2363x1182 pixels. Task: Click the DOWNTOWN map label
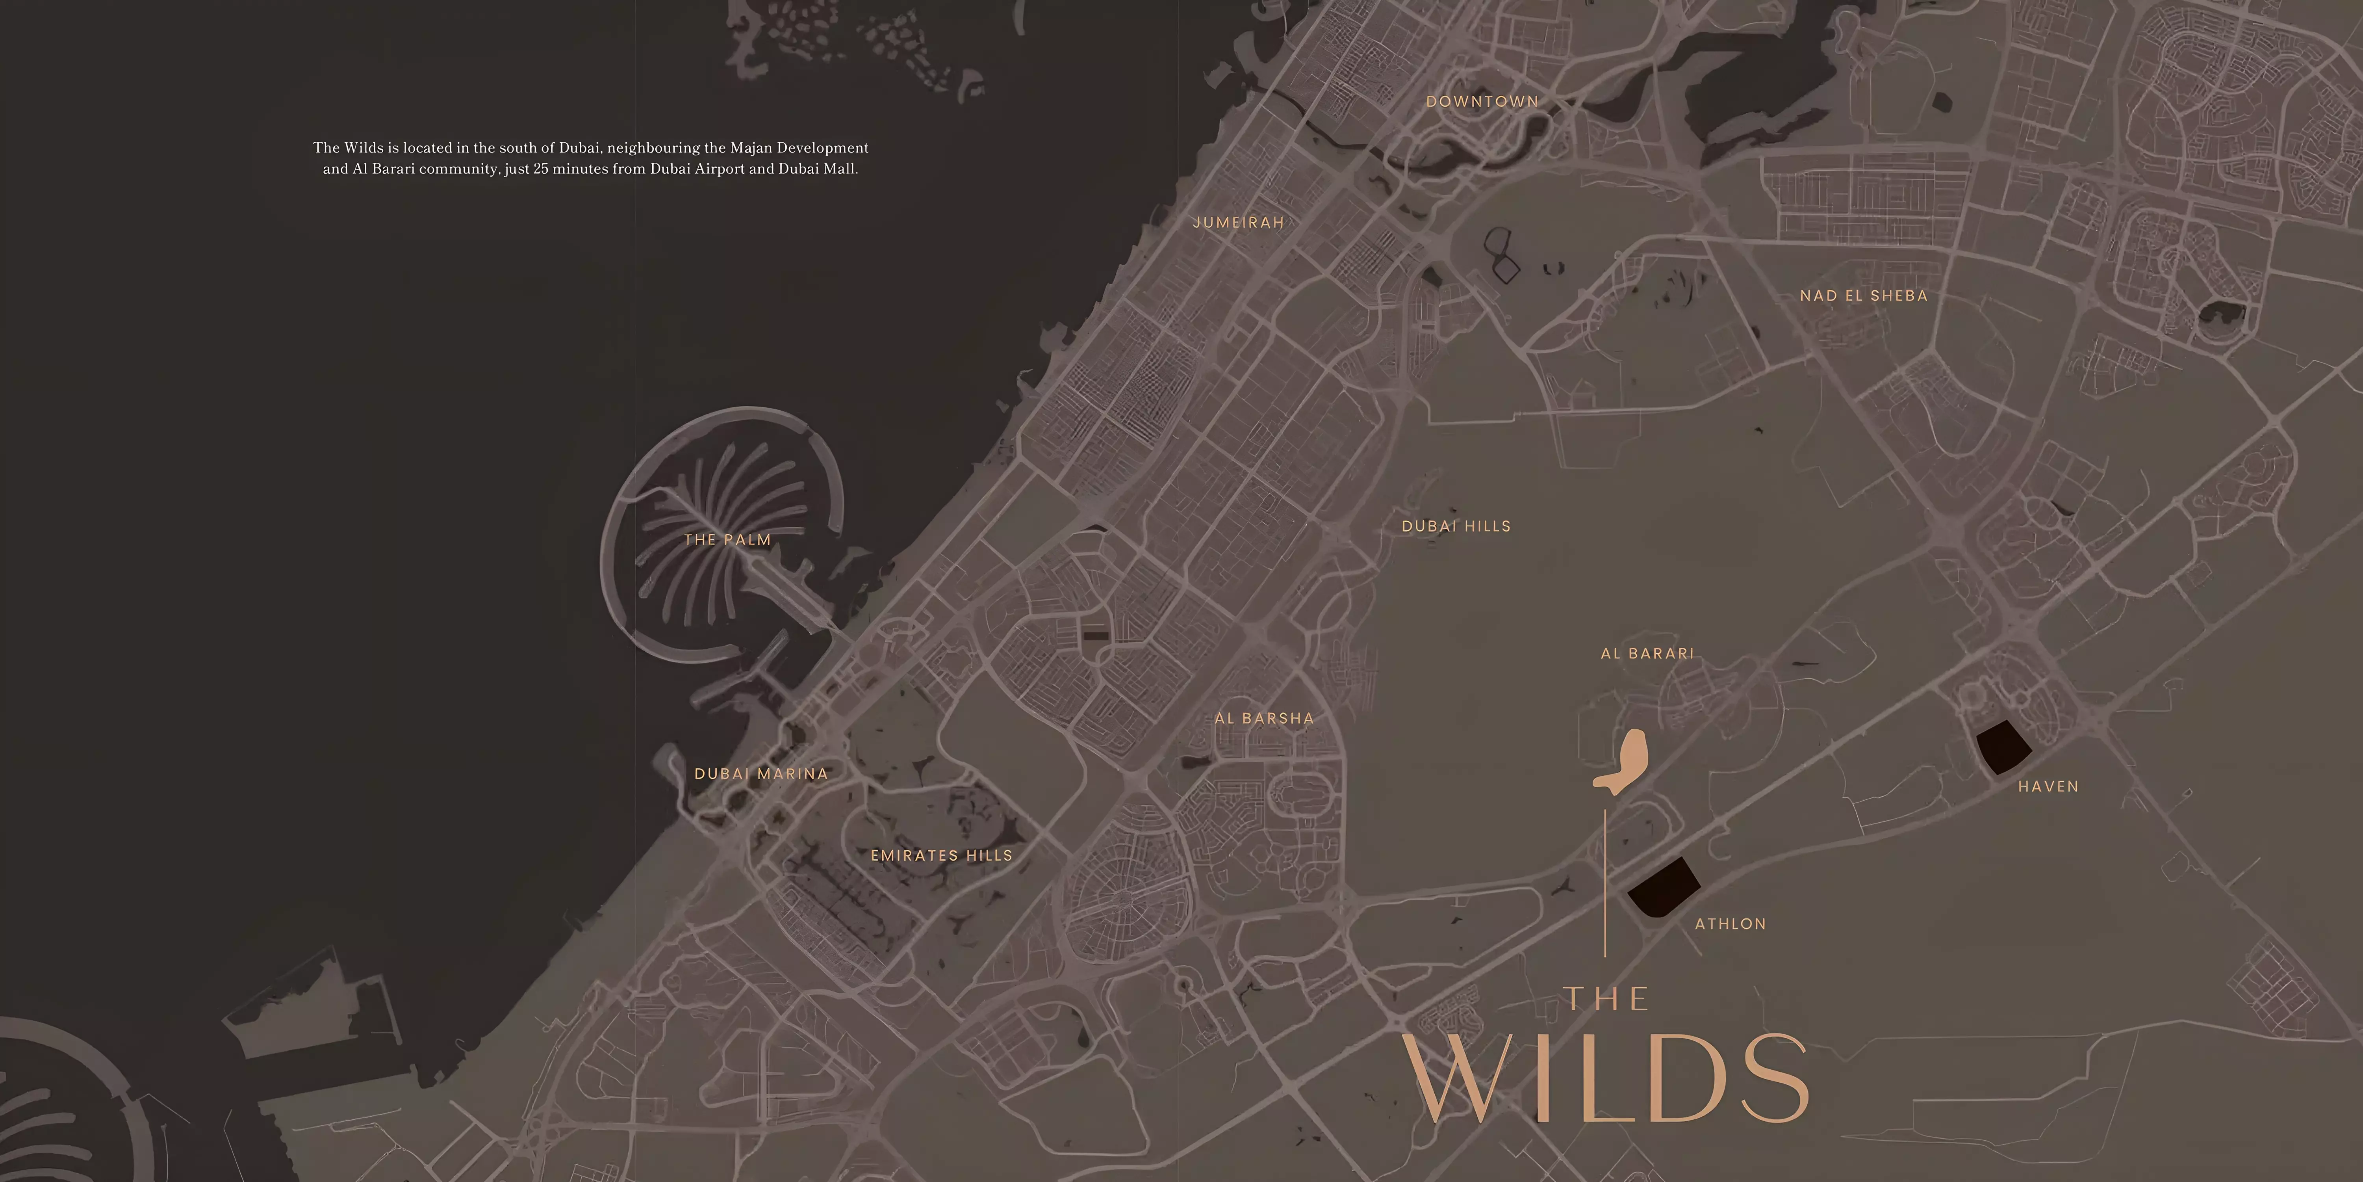1482,102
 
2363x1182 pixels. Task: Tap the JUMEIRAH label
1237,222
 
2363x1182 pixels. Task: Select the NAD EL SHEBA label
1863,295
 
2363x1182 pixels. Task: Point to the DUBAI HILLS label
1456,526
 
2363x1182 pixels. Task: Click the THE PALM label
727,540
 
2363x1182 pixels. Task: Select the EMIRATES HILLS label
941,855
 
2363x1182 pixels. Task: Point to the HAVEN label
2048,786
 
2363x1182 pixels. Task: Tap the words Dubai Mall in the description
816,169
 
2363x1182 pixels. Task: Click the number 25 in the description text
541,169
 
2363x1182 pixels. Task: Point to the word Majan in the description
751,148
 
